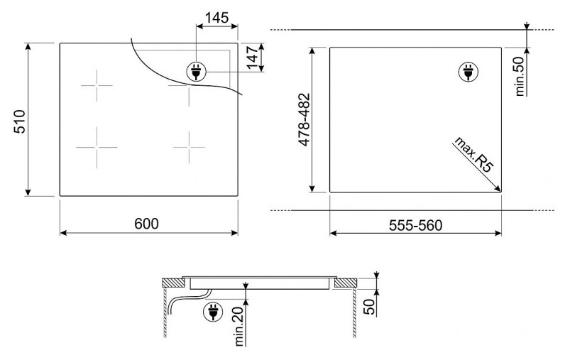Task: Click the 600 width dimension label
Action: (146, 224)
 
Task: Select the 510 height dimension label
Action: (20, 121)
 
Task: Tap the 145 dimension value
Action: (217, 18)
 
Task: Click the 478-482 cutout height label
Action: (304, 119)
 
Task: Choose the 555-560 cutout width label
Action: (415, 226)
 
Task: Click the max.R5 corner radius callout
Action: (474, 154)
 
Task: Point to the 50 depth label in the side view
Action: (368, 307)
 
